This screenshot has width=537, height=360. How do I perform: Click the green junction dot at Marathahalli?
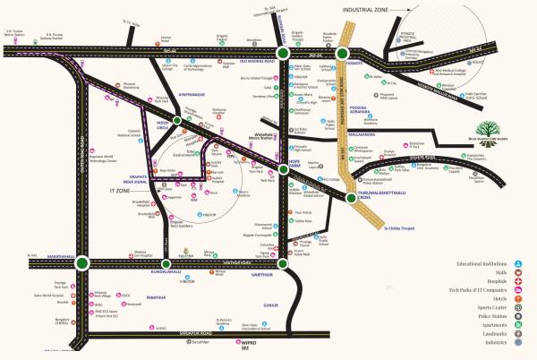click(82, 263)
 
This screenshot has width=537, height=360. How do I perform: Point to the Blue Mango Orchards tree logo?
click(467, 131)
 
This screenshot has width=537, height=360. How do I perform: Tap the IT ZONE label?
click(121, 191)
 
